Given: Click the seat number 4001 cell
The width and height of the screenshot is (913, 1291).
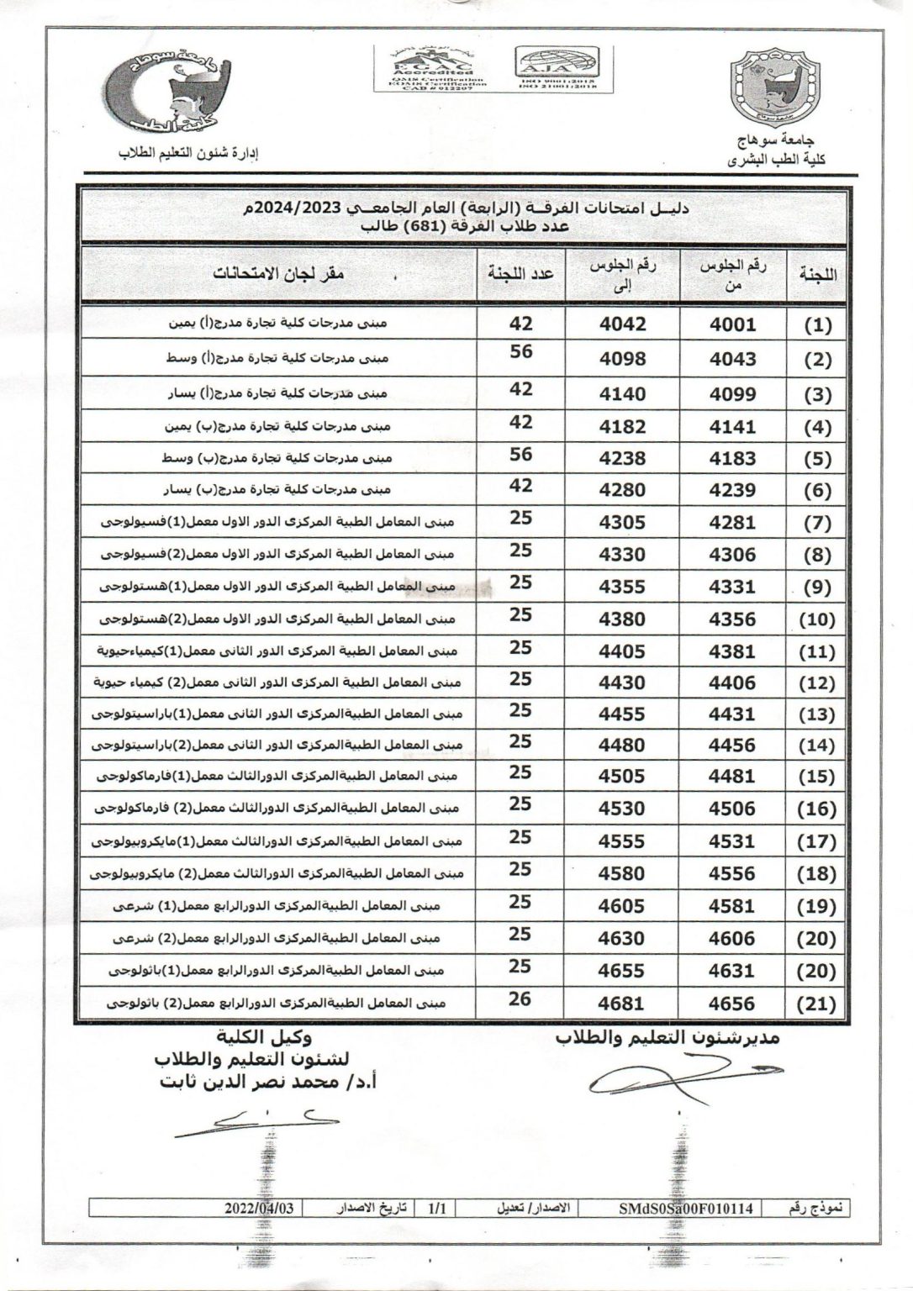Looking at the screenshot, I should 733,324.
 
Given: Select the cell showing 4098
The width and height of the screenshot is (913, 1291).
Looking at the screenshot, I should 622,359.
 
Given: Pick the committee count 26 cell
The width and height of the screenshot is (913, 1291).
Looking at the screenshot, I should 521,999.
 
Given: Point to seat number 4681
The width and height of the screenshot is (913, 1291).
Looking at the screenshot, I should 622,1004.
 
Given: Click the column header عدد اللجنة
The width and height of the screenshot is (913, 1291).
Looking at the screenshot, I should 520,274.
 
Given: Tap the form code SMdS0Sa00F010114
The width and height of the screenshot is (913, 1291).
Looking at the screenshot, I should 687,1208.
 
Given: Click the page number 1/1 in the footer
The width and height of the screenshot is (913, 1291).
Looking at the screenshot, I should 437,1208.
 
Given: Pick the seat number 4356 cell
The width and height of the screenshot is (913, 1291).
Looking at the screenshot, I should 733,619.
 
